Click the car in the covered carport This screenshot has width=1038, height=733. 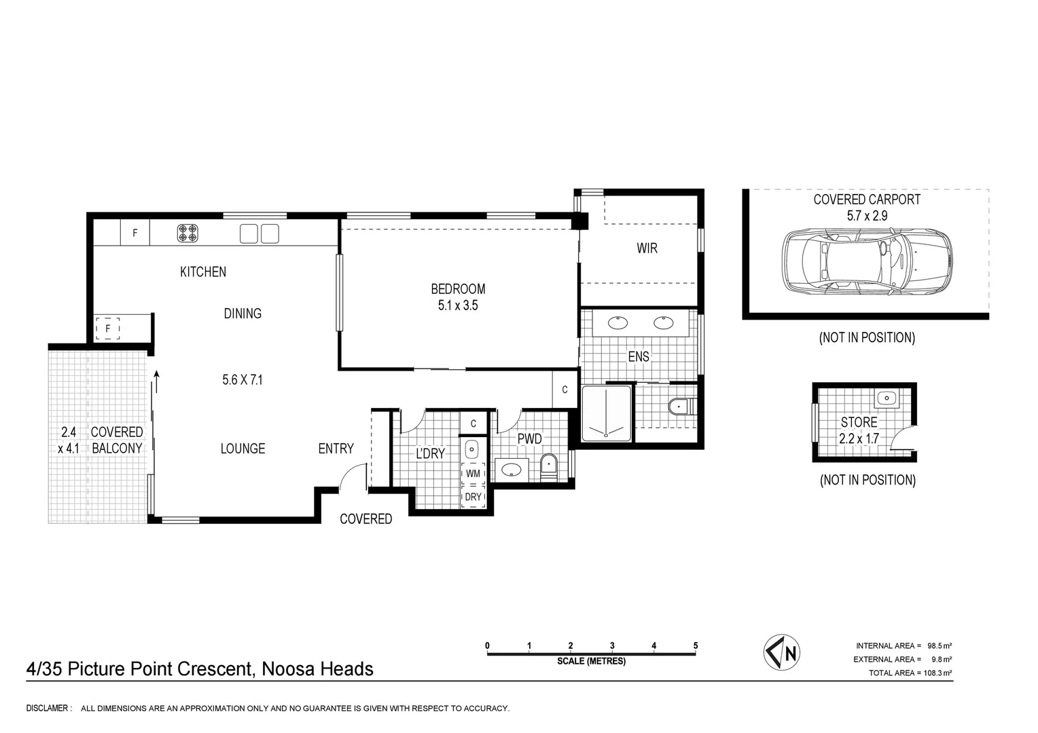pos(867,261)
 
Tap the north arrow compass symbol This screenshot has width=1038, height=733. pos(782,653)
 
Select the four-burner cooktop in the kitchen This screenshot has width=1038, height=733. pos(187,233)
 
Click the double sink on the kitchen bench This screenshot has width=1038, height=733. pos(259,233)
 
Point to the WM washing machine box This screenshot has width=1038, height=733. pos(473,473)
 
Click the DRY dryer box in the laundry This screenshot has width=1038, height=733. pos(473,497)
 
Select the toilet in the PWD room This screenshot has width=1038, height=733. pos(548,466)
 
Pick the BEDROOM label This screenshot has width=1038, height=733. pos(458,289)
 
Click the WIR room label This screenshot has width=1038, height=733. pos(647,248)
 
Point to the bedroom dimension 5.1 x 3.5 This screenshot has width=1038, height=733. pos(458,305)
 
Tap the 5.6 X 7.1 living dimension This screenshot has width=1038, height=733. pos(243,380)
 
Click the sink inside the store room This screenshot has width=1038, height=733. pos(887,398)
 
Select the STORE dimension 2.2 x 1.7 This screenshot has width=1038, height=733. pos(859,438)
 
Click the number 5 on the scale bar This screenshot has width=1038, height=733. pos(695,645)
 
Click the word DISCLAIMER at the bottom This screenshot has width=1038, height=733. pos(48,709)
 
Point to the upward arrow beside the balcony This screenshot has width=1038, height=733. pos(157,381)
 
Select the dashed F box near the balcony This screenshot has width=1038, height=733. pos(107,329)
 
